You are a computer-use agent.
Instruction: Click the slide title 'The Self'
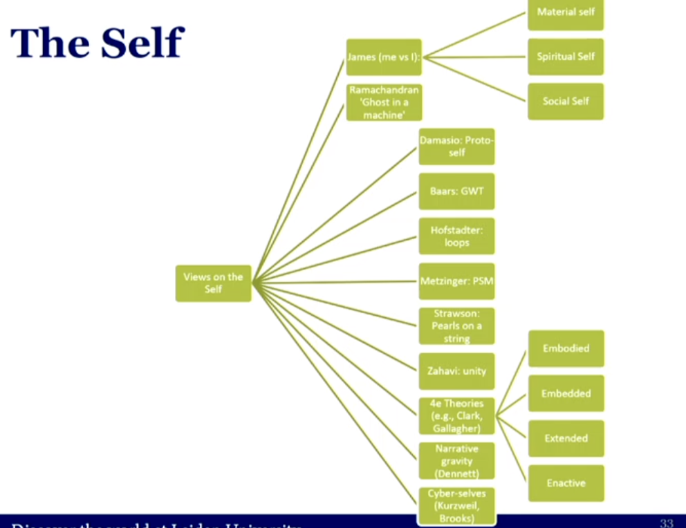(97, 43)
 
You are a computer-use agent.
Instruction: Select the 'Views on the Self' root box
(213, 283)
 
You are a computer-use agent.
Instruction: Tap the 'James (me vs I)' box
(384, 57)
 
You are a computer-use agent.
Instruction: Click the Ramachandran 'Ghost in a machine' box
(384, 102)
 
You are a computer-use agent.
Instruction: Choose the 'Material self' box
(566, 13)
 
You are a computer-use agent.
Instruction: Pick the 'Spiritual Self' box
(566, 57)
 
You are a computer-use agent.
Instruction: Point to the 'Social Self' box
(566, 101)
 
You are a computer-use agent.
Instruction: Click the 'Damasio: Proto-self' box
(456, 146)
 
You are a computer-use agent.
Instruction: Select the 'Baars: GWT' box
(456, 191)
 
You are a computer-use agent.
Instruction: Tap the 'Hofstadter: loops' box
(456, 236)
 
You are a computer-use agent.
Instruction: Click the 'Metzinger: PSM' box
(456, 281)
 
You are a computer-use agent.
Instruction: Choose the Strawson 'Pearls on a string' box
(456, 326)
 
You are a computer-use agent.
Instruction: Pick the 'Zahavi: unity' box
(456, 371)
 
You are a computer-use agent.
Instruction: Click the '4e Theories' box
(456, 416)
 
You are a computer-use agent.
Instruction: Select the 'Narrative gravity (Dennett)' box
(456, 461)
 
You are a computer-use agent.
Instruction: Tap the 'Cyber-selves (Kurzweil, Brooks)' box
(456, 505)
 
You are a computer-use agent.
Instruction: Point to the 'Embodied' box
(566, 348)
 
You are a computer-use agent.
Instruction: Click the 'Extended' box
(566, 438)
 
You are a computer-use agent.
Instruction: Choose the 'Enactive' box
(566, 483)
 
